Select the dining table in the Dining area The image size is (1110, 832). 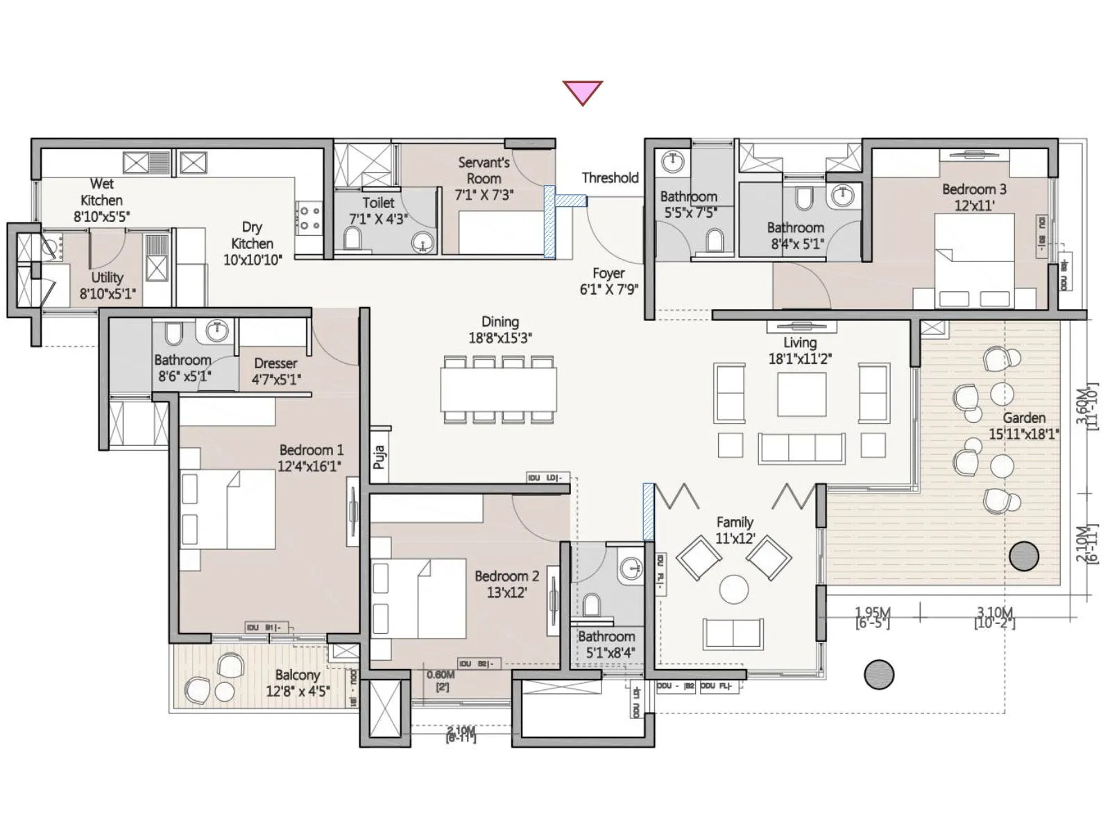click(498, 389)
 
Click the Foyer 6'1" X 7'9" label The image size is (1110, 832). click(608, 281)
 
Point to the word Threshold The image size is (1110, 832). click(610, 177)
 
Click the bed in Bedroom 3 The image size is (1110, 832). click(974, 260)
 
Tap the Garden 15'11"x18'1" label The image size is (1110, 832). click(1023, 426)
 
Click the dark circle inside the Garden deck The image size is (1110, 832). click(1023, 556)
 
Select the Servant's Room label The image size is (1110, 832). click(484, 178)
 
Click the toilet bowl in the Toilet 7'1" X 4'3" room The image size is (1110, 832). click(352, 240)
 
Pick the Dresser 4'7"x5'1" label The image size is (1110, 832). click(275, 371)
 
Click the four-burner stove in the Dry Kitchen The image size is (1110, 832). click(309, 217)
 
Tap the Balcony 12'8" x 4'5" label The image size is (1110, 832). click(298, 683)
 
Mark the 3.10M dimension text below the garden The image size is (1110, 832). click(995, 613)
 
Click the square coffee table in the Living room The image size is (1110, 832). click(801, 394)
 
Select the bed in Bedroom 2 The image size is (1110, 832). click(418, 598)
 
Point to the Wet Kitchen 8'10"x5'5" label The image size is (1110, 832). click(101, 200)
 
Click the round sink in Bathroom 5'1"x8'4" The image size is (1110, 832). click(631, 569)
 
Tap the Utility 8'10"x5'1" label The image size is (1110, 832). click(107, 286)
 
